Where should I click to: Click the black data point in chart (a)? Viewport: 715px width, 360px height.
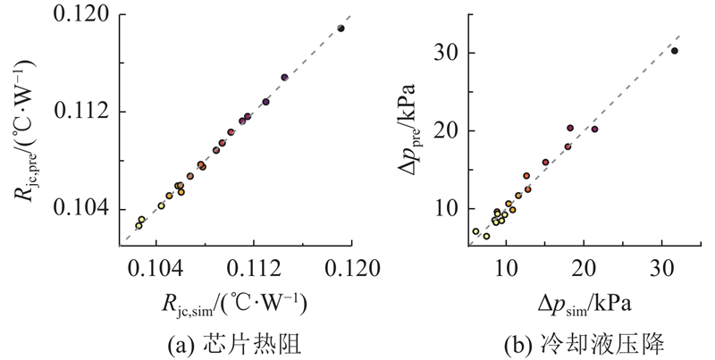341,29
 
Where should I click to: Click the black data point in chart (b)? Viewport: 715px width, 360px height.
675,51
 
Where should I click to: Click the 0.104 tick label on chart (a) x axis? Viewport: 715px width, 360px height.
157,267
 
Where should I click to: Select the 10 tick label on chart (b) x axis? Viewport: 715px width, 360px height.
507,267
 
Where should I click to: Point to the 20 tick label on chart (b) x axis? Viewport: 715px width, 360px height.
584,267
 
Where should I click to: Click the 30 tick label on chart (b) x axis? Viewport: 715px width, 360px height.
660,267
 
